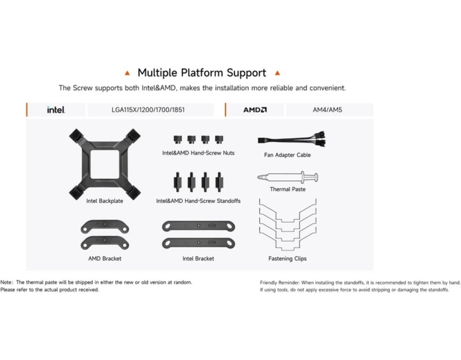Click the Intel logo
click(x=56, y=110)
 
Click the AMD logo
click(x=255, y=110)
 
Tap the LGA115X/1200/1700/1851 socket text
click(x=148, y=110)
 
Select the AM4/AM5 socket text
click(x=327, y=110)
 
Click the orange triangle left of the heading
click(x=127, y=73)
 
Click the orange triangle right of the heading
click(x=277, y=73)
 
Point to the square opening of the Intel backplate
click(x=104, y=164)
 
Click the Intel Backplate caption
click(x=104, y=201)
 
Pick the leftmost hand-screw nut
click(x=178, y=139)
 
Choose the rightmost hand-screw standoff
click(x=219, y=182)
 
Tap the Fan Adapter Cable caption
click(x=287, y=155)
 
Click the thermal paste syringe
click(x=288, y=177)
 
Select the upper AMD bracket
click(x=104, y=226)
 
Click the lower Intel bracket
click(x=199, y=243)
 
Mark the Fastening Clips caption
click(x=288, y=259)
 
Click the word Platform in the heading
click(x=202, y=73)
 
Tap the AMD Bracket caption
click(x=104, y=259)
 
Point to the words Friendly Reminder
click(x=280, y=283)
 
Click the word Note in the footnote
click(x=6, y=282)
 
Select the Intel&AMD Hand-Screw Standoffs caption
click(x=198, y=201)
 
